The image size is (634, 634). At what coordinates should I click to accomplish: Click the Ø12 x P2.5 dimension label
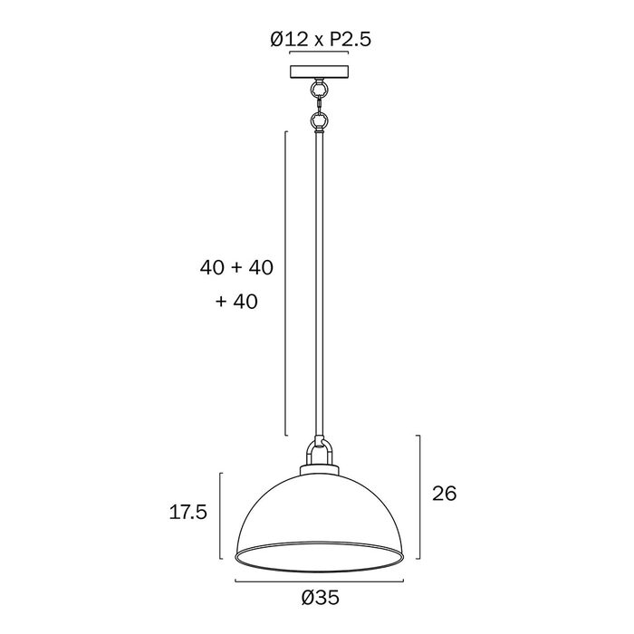pyautogui.click(x=321, y=40)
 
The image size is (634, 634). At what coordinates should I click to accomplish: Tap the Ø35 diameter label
pyautogui.click(x=321, y=598)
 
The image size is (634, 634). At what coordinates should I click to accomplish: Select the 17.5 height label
pyautogui.click(x=188, y=513)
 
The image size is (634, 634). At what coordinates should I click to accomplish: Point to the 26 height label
pyautogui.click(x=445, y=494)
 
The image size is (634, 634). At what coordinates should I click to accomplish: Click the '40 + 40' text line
pyautogui.click(x=236, y=267)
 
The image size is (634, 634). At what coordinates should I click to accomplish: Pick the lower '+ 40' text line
pyautogui.click(x=236, y=302)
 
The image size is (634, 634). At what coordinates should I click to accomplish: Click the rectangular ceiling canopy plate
pyautogui.click(x=320, y=72)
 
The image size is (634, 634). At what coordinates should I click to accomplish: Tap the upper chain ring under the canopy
pyautogui.click(x=320, y=88)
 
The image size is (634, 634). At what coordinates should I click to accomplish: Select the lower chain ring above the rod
pyautogui.click(x=320, y=120)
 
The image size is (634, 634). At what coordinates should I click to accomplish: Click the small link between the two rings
pyautogui.click(x=320, y=104)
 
